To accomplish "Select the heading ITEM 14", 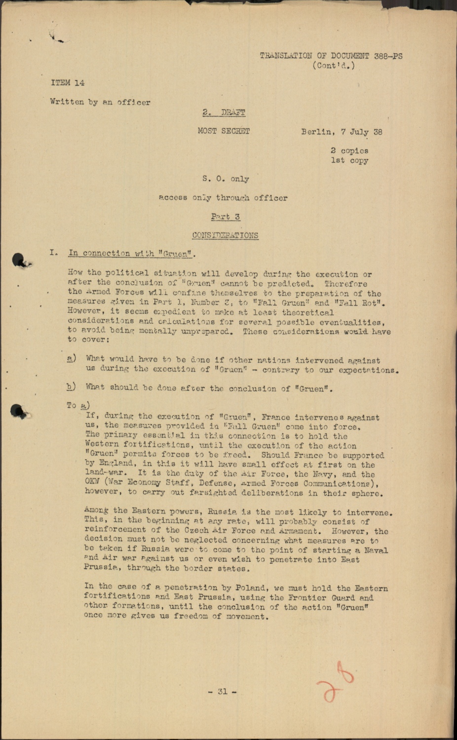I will coord(68,83).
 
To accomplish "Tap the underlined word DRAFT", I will coord(233,112).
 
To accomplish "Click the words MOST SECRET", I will coord(224,131).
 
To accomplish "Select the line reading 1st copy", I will coord(349,160).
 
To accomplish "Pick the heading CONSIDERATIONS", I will coord(225,235).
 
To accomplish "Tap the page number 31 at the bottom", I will coord(223,692).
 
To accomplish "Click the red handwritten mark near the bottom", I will coord(337,683).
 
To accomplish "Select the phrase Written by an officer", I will coord(100,102).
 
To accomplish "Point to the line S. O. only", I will coord(226,179).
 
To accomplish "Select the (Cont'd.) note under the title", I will coord(333,66).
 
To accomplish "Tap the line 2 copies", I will coord(349,151).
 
